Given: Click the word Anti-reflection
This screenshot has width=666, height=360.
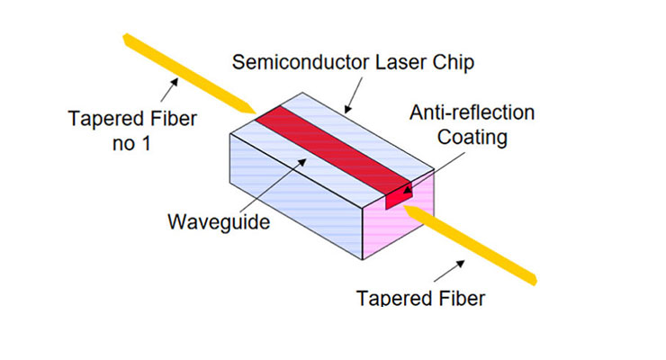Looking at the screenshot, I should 472,113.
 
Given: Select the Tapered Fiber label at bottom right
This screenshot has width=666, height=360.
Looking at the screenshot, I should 419,297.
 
